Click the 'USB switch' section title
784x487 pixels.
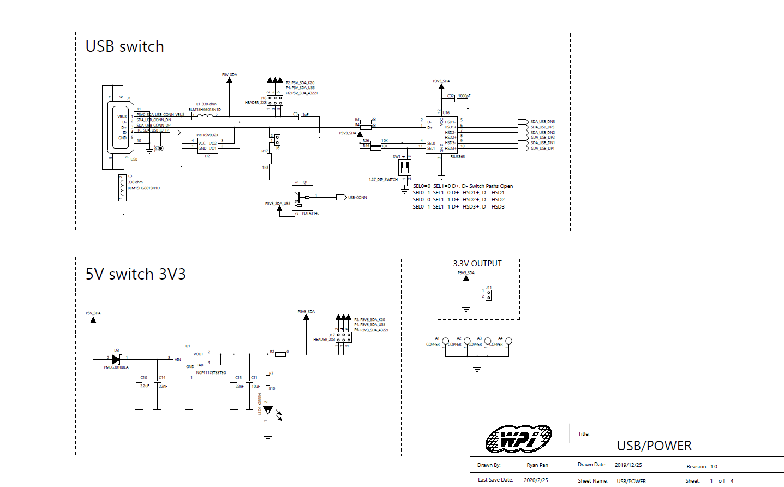click(x=124, y=47)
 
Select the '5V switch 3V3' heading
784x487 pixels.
click(x=135, y=274)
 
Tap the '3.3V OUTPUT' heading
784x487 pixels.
click(x=477, y=264)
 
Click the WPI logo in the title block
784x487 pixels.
click(x=518, y=439)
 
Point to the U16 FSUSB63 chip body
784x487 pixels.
click(x=441, y=134)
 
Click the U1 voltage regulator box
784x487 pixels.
click(x=189, y=359)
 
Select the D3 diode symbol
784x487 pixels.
click(x=116, y=359)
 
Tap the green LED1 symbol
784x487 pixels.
click(x=268, y=410)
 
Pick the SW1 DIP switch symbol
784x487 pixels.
click(x=404, y=167)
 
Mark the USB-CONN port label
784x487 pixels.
click(x=357, y=198)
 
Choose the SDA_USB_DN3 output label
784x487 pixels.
click(x=542, y=122)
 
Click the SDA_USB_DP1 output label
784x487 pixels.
click(x=542, y=149)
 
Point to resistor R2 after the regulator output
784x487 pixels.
click(x=280, y=354)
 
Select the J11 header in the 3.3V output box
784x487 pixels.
click(x=488, y=295)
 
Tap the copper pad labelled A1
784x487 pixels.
click(x=446, y=341)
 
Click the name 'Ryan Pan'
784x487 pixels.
click(x=537, y=465)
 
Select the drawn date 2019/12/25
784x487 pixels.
click(x=628, y=465)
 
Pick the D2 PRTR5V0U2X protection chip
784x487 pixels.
click(x=207, y=145)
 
